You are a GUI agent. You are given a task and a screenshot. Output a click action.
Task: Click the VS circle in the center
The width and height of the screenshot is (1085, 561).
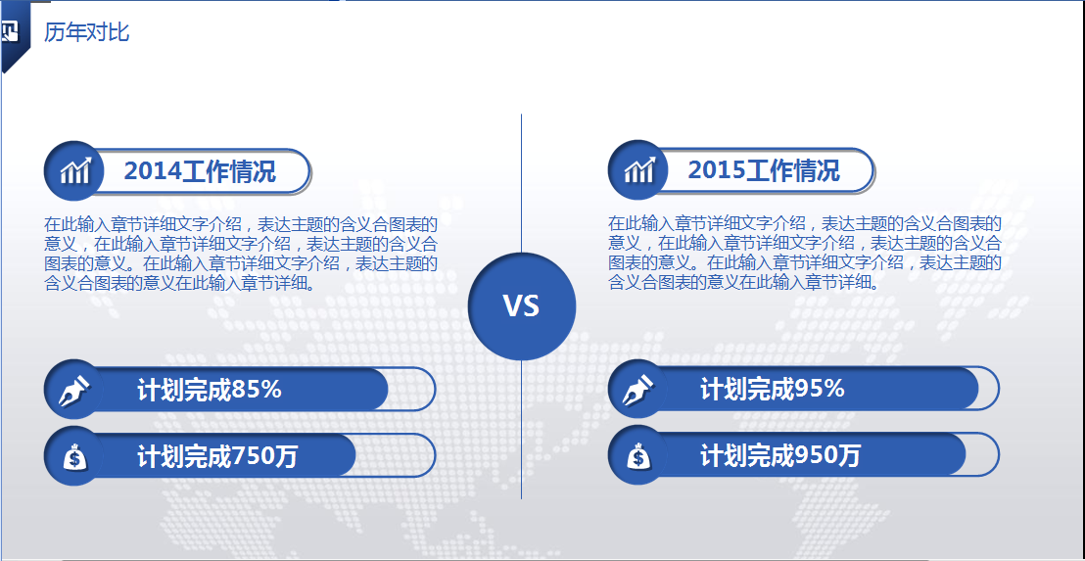(521, 305)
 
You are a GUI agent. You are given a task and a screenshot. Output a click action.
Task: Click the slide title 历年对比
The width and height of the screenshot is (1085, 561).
(86, 32)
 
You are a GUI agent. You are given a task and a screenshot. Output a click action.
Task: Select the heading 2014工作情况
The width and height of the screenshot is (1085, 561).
(200, 171)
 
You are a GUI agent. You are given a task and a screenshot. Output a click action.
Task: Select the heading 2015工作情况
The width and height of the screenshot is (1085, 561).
(764, 170)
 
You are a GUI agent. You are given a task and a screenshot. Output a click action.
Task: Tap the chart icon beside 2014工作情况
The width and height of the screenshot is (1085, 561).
(74, 171)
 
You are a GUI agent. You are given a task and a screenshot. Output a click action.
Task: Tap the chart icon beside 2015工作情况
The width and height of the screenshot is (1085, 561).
(638, 170)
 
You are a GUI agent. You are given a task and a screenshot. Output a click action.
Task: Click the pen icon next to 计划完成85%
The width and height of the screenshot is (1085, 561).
(74, 390)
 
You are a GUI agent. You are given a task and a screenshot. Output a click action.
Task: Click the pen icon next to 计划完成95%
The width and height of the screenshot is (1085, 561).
(638, 390)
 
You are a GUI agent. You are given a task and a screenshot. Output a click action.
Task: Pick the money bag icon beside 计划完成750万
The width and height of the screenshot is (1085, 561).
(74, 456)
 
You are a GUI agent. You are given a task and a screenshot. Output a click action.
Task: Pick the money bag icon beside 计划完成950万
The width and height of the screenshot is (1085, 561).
(638, 456)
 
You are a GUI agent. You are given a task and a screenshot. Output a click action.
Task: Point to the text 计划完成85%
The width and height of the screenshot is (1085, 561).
(210, 390)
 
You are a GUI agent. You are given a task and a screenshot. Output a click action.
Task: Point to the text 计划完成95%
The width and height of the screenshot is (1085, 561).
(773, 390)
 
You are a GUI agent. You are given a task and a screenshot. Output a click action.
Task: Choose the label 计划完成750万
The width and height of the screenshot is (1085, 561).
(217, 456)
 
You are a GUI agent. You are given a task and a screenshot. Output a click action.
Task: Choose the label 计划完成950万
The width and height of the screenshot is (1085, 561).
(780, 456)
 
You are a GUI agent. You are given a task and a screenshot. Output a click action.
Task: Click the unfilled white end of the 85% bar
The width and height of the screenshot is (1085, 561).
(413, 390)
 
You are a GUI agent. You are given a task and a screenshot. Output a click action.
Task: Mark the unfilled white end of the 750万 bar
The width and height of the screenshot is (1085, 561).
(397, 456)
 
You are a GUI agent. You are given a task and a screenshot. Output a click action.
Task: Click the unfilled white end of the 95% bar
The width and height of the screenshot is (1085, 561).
(988, 390)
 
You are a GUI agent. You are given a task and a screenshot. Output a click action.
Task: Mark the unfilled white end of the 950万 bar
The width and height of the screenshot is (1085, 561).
(982, 456)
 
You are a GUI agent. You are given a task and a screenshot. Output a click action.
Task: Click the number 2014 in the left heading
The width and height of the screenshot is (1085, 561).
(153, 171)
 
